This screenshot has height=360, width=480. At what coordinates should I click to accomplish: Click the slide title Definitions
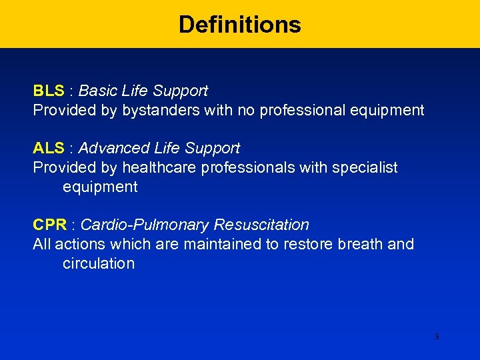[240, 25]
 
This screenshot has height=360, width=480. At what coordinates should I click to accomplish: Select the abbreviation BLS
[49, 91]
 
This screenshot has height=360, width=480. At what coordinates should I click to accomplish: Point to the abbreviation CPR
[50, 225]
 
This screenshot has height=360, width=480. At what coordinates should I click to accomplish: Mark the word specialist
[365, 168]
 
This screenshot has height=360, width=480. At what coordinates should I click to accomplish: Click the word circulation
[99, 263]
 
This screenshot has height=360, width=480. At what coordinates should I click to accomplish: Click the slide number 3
[437, 337]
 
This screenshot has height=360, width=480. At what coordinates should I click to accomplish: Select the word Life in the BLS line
[136, 91]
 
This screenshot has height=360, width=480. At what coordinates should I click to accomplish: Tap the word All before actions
[42, 244]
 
